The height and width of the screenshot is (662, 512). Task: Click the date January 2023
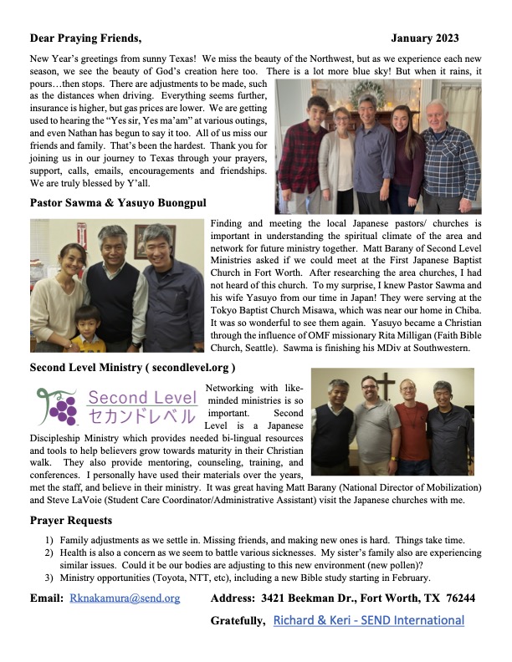point(424,38)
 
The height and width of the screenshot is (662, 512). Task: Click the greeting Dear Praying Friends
point(86,38)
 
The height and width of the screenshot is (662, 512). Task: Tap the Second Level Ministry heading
point(132,367)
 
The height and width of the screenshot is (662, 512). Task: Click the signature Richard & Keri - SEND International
point(369,620)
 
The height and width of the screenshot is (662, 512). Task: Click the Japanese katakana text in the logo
point(142,415)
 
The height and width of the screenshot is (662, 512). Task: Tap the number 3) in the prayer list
point(50,578)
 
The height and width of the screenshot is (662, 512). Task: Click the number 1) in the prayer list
point(50,539)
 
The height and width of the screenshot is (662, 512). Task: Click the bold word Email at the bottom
point(46,598)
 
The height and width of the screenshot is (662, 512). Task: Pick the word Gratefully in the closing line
point(238,620)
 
